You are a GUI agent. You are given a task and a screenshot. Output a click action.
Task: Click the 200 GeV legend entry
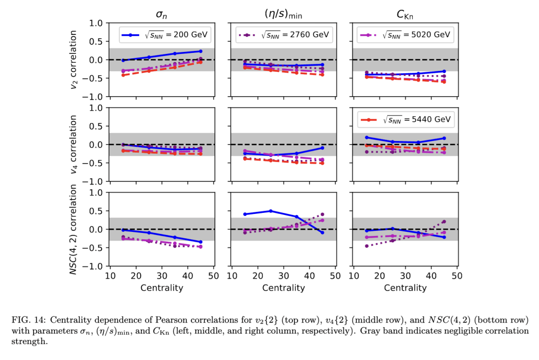tap(165, 35)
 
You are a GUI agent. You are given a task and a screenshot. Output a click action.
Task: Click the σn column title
tap(162, 14)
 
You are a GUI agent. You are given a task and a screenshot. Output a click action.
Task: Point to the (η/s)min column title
tap(283, 14)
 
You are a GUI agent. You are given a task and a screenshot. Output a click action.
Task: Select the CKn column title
tap(405, 14)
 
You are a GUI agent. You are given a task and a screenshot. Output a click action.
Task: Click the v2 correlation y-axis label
tap(74, 60)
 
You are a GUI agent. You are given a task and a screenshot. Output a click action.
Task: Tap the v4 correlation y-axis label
tap(74, 144)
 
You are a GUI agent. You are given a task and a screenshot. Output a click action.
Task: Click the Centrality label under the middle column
tap(283, 288)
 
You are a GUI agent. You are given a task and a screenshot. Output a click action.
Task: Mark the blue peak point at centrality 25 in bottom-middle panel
tap(270, 211)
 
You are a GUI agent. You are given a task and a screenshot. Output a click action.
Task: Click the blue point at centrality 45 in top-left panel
tap(201, 51)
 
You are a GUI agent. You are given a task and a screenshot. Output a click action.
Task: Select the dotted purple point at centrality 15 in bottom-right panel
tap(367, 246)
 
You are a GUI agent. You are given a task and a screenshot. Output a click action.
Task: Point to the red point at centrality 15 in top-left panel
tap(123, 75)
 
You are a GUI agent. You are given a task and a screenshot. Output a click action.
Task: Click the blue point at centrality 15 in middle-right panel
tap(367, 137)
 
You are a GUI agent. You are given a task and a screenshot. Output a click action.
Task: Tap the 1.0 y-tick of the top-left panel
tap(96, 23)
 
